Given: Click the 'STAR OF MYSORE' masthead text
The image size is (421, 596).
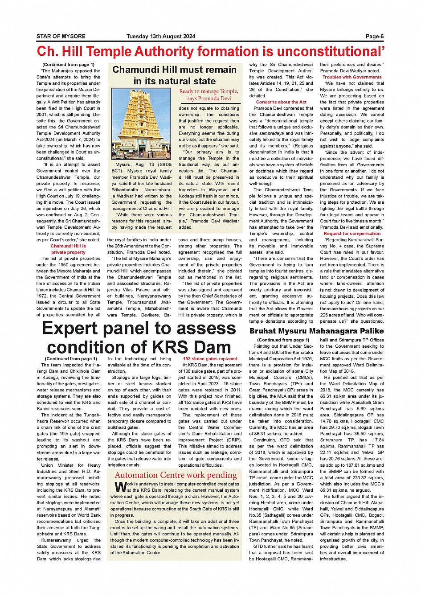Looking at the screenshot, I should (61, 37).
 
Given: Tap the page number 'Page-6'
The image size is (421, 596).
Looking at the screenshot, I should (375, 37).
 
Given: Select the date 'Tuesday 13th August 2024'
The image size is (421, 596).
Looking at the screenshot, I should (161, 37).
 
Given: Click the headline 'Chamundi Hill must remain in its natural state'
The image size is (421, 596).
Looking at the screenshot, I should (174, 75).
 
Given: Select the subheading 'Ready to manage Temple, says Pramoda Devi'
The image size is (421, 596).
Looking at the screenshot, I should (208, 95).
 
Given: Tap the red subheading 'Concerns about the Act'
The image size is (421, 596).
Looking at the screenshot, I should (281, 102).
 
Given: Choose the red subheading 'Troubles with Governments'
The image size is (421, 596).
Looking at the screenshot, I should (352, 77).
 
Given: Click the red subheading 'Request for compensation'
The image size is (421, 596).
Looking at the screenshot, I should (352, 234).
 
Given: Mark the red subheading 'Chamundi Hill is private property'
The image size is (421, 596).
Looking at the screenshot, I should (68, 249).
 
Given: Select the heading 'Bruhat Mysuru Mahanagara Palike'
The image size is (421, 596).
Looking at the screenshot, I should (316, 331).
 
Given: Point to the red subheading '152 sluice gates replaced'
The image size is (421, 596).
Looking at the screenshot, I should (210, 358).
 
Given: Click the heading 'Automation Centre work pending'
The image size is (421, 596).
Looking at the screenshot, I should (176, 475).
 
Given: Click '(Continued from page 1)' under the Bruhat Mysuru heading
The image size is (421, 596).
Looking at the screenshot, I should (283, 340).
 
